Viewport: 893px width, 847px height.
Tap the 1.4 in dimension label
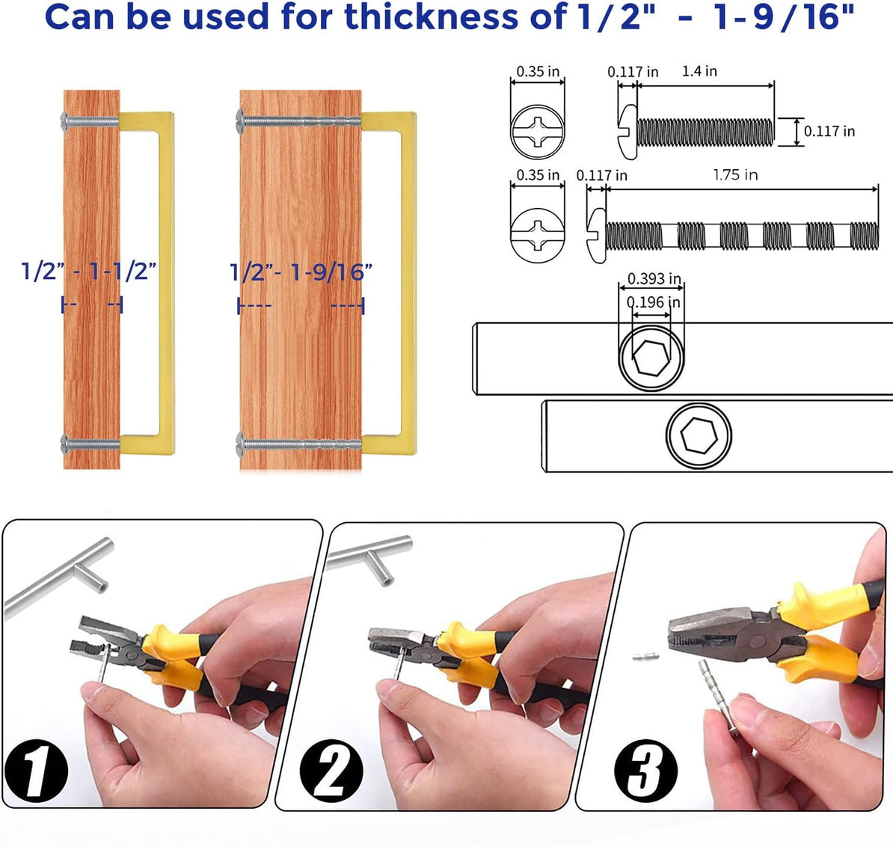coord(699,71)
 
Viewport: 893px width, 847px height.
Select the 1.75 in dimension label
coord(735,175)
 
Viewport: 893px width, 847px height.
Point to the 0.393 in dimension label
coord(654,278)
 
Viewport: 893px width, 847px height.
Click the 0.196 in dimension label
coord(653,302)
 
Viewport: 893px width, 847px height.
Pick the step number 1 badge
coord(36,771)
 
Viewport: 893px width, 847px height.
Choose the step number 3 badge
coord(646,771)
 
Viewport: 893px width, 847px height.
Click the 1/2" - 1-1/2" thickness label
coord(89,271)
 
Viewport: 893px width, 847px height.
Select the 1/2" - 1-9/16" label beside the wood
coord(301,272)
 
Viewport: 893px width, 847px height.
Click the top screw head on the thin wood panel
coord(64,120)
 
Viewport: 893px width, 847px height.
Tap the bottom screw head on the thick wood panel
coord(240,444)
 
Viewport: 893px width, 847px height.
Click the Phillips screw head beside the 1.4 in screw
coord(538,132)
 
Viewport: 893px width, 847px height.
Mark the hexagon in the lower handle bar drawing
coord(699,435)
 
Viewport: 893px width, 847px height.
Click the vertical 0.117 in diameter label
coord(829,132)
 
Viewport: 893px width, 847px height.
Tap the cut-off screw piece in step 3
coord(646,657)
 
